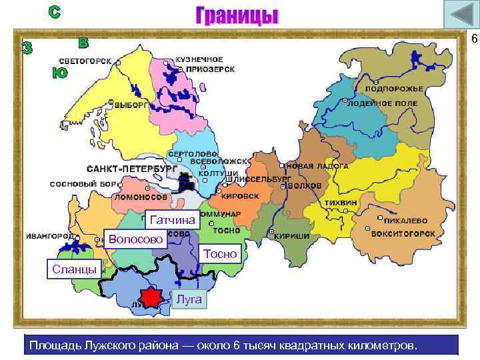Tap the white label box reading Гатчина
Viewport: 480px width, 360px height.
click(172, 220)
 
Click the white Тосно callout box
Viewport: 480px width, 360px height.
click(219, 253)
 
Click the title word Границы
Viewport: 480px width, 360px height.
click(237, 15)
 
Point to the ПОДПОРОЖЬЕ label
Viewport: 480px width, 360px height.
click(395, 89)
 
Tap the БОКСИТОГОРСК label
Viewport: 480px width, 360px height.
click(404, 234)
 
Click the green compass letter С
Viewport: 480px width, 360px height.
click(54, 12)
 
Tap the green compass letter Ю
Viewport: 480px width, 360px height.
click(59, 73)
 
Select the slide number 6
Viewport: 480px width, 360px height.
click(474, 39)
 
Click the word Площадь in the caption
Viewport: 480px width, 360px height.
click(51, 345)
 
